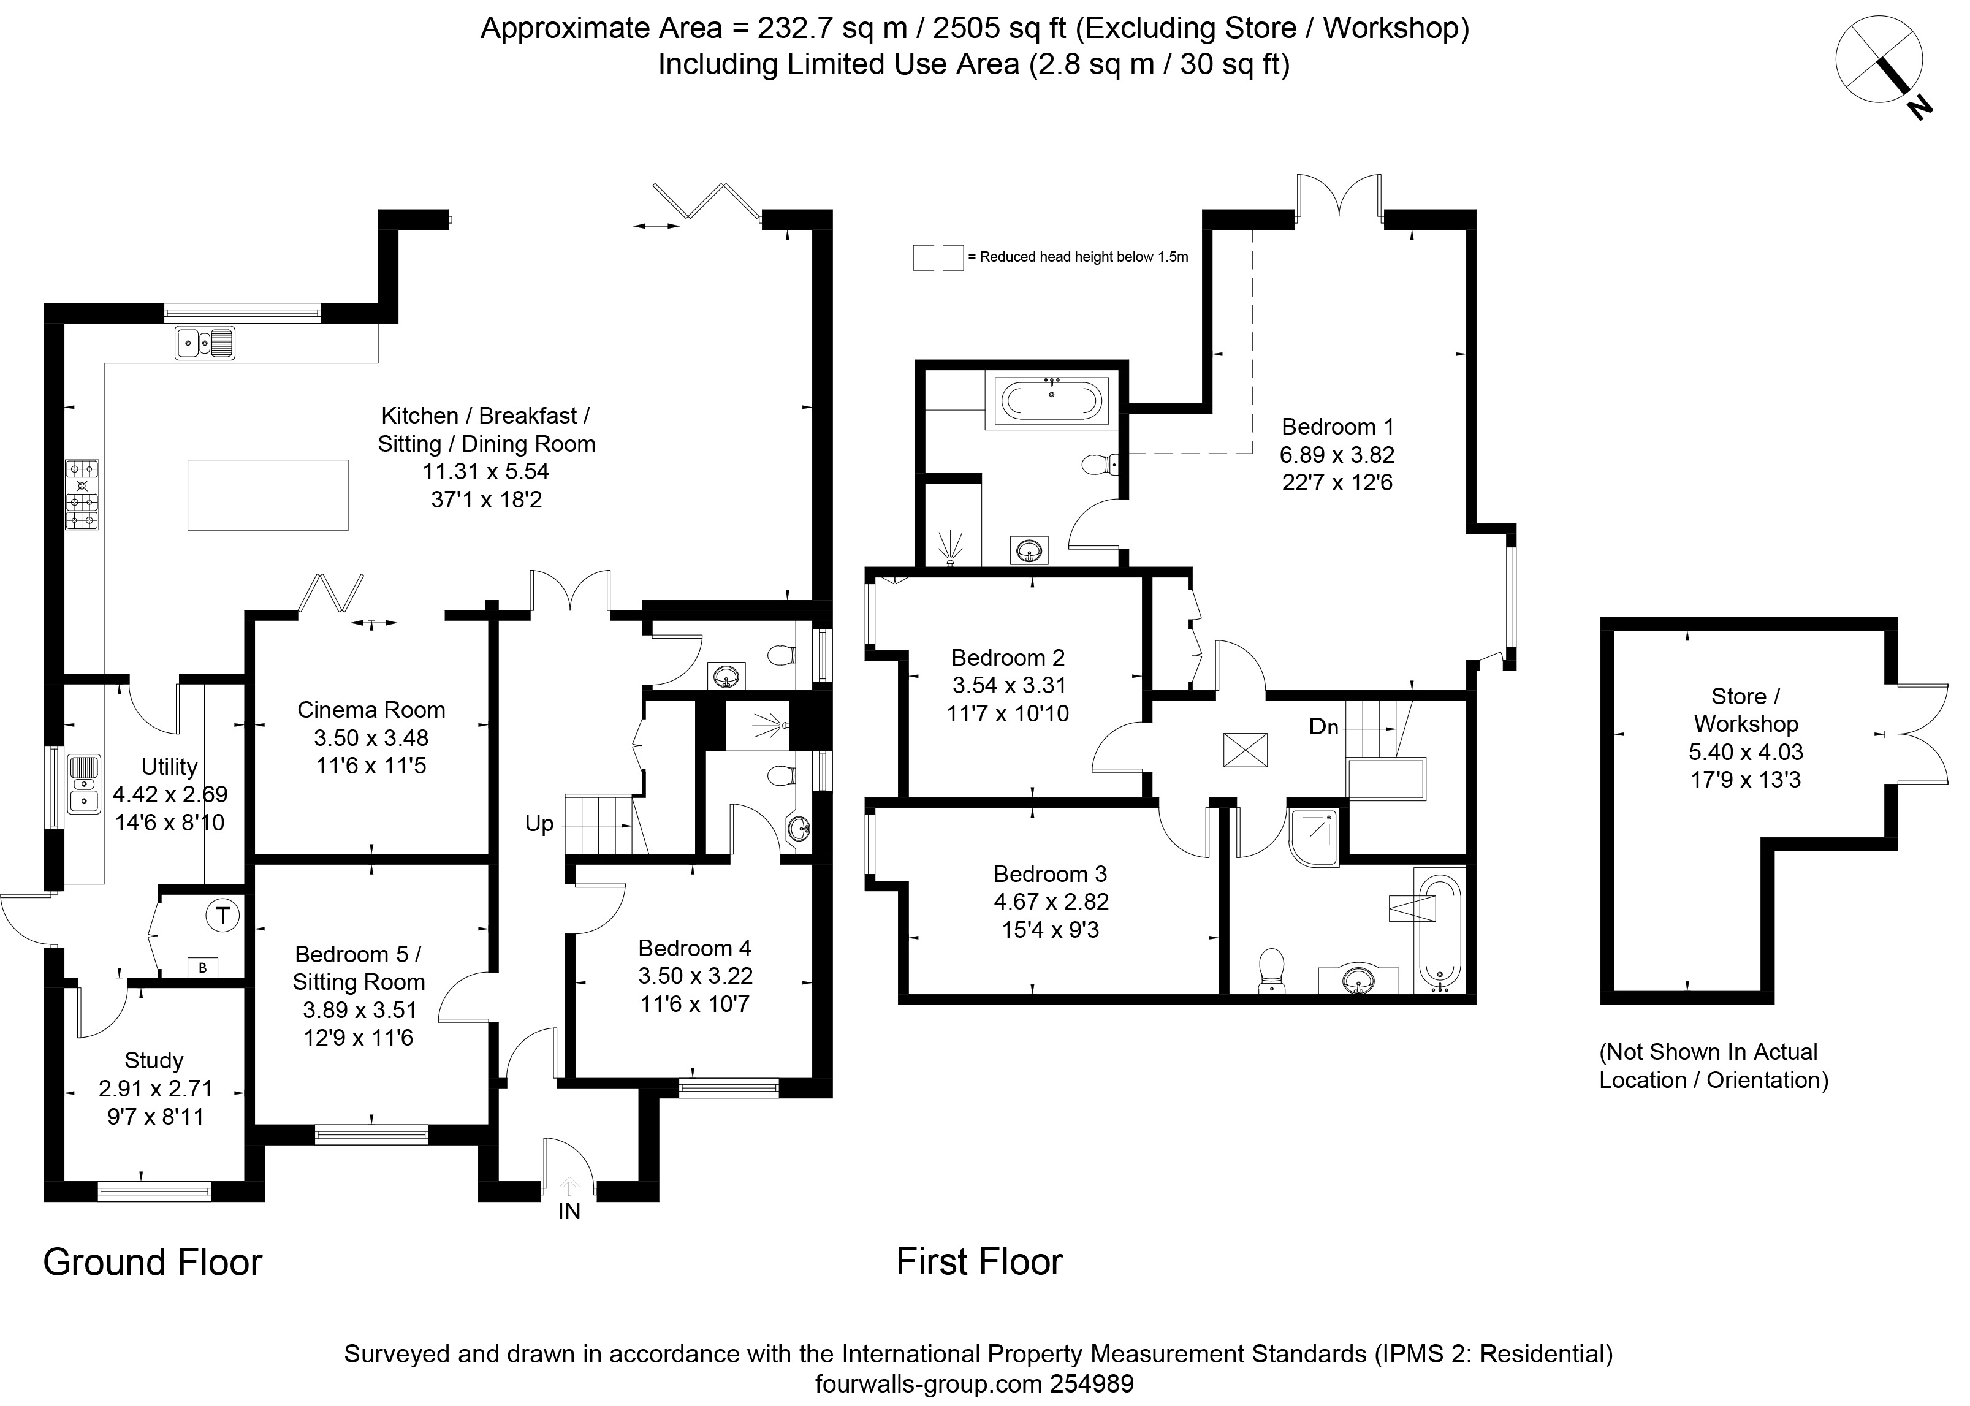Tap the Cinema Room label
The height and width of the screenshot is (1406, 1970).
tap(371, 710)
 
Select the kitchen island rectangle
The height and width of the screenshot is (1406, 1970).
tap(268, 495)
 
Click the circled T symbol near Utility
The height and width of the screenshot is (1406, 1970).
tap(223, 915)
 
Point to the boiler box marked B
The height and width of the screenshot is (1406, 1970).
tap(203, 968)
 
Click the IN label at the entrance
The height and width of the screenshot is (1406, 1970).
tap(569, 1211)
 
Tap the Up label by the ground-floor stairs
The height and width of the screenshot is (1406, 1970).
tap(539, 823)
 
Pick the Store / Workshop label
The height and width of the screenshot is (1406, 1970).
tap(1746, 710)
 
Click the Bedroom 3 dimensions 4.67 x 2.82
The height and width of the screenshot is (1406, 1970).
tap(1051, 901)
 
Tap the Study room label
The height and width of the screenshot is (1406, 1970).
tap(154, 1060)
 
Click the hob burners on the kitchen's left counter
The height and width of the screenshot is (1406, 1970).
tap(82, 495)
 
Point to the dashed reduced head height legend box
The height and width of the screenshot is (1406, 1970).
tap(938, 257)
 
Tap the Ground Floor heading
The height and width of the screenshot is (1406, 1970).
tap(153, 1263)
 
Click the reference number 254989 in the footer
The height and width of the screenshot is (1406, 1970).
tap(1092, 1383)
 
